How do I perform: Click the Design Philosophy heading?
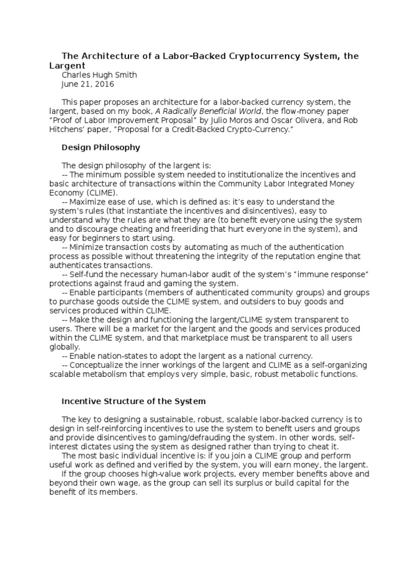(101, 147)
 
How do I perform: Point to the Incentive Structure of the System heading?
(133, 401)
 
